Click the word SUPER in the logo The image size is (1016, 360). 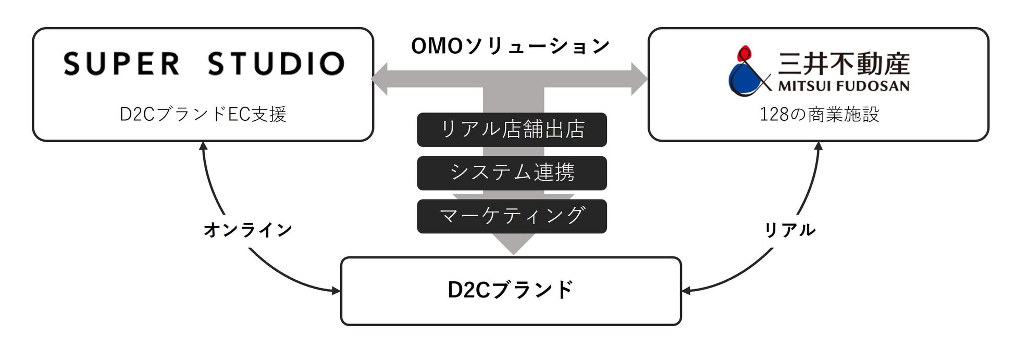tap(121, 64)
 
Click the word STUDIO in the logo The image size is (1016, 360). tap(276, 64)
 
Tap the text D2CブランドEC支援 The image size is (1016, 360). tap(203, 114)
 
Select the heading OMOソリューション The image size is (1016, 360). tap(510, 46)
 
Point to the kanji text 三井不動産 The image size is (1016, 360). tap(844, 63)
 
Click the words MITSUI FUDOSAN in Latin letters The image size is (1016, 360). tap(844, 86)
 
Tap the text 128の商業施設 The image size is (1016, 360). tap(819, 114)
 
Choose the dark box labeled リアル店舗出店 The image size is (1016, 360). tap(512, 129)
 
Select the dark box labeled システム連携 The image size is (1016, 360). tap(512, 172)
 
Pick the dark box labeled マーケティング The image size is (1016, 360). tap(512, 216)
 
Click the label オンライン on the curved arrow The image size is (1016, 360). tap(247, 229)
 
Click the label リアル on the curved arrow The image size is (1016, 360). tap(789, 229)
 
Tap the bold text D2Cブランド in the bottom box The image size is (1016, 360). tap(511, 290)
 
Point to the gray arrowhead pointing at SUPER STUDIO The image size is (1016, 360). tap(380, 79)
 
